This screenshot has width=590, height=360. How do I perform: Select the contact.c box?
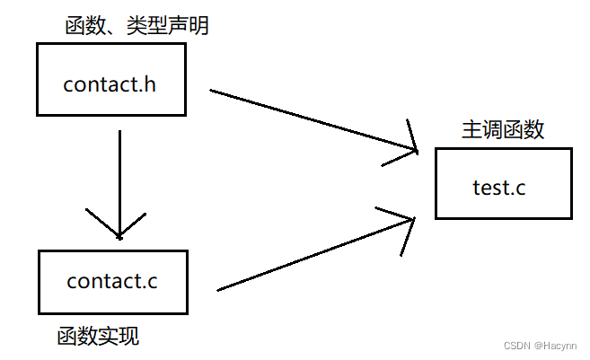[112, 281]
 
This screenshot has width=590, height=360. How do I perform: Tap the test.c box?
[503, 185]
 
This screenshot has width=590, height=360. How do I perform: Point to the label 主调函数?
[503, 130]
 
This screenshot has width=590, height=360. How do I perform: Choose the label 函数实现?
[98, 338]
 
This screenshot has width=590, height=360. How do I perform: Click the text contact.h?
[110, 85]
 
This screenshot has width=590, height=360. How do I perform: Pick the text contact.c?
[112, 281]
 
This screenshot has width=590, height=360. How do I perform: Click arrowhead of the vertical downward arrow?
[119, 229]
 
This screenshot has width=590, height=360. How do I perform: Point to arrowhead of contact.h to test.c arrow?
[409, 148]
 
